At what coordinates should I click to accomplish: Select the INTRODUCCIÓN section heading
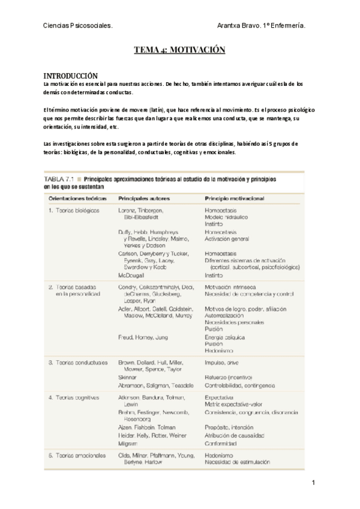70,76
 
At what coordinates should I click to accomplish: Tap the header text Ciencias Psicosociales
78,26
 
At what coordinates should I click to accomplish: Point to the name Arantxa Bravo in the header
239,26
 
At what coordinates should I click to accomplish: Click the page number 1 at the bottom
313,483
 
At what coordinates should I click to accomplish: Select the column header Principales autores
144,197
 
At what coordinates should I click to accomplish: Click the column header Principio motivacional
235,197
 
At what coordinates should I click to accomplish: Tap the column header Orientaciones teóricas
73,197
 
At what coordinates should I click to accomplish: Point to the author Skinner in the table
128,377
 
